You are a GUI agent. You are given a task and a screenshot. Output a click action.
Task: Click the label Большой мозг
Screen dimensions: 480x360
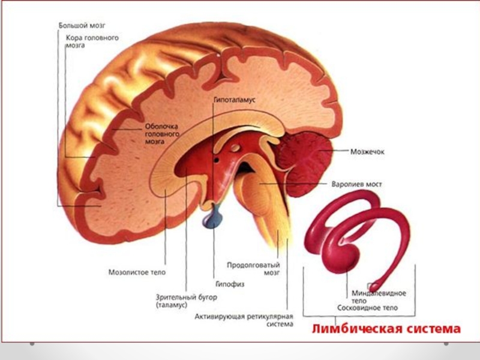pos(82,26)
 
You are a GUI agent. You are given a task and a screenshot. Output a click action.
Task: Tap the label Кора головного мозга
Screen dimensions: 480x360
pos(92,41)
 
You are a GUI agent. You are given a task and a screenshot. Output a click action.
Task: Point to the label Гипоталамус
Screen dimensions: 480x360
pos(234,100)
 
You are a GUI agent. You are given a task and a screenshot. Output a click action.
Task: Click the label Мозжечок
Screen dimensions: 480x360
pos(367,152)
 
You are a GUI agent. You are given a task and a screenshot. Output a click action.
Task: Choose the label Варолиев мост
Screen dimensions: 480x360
pos(356,184)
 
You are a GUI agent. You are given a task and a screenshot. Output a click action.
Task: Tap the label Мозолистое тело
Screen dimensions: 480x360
pos(137,272)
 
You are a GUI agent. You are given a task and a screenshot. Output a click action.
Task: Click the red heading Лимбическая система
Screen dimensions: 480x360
pos(386,329)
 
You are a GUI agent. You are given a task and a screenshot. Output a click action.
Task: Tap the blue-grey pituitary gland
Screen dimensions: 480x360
pos(214,219)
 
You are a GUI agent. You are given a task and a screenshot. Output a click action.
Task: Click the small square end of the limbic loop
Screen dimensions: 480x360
pos(374,287)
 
